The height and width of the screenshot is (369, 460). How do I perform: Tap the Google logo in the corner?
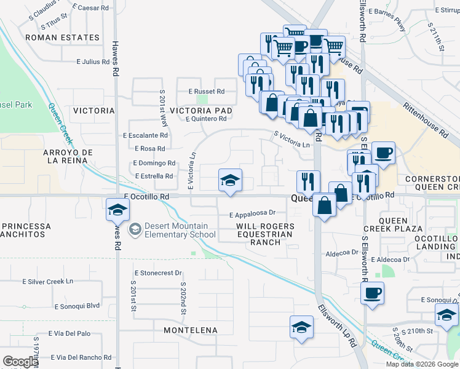(x=20, y=362)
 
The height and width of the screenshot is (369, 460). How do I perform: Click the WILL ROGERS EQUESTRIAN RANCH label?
(x=265, y=234)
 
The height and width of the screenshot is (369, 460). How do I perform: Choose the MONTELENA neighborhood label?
(x=191, y=330)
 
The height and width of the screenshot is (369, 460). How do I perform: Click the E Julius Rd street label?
(x=92, y=62)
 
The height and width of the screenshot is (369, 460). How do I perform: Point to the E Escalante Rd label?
(x=145, y=135)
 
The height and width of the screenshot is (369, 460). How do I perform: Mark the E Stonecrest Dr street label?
(x=158, y=272)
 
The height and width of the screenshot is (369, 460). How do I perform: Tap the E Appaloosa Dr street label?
(x=252, y=215)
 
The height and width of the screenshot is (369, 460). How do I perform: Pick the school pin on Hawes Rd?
(x=117, y=210)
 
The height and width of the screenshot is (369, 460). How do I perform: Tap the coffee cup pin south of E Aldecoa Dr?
(x=372, y=293)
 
